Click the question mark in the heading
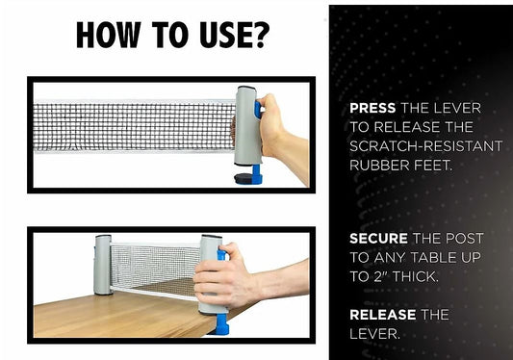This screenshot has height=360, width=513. coord(261,35)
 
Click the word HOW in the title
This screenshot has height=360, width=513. coord(109,35)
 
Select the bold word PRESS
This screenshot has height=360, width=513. coord(372,108)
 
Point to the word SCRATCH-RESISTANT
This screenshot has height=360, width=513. coord(426,146)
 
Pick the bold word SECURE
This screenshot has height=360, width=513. coord(378,239)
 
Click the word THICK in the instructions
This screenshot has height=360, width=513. coord(415,277)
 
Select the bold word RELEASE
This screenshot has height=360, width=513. coord(383,315)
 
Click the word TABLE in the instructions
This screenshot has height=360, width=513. coord(433,258)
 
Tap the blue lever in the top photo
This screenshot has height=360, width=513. coord(258,110)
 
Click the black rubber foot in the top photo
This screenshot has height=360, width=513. coord(243,178)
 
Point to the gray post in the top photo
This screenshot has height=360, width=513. coord(248,126)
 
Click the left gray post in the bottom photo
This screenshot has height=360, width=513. coord(103,265)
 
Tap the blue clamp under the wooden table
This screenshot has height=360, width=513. coord(220,324)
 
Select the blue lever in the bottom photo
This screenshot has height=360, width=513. coord(222,256)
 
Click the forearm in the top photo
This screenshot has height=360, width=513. coord(293,157)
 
